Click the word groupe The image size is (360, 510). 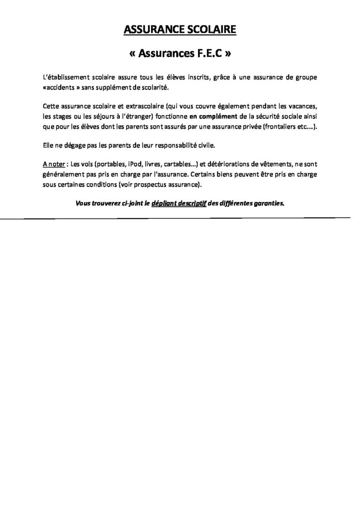(303, 78)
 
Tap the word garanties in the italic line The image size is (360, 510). (269, 204)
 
